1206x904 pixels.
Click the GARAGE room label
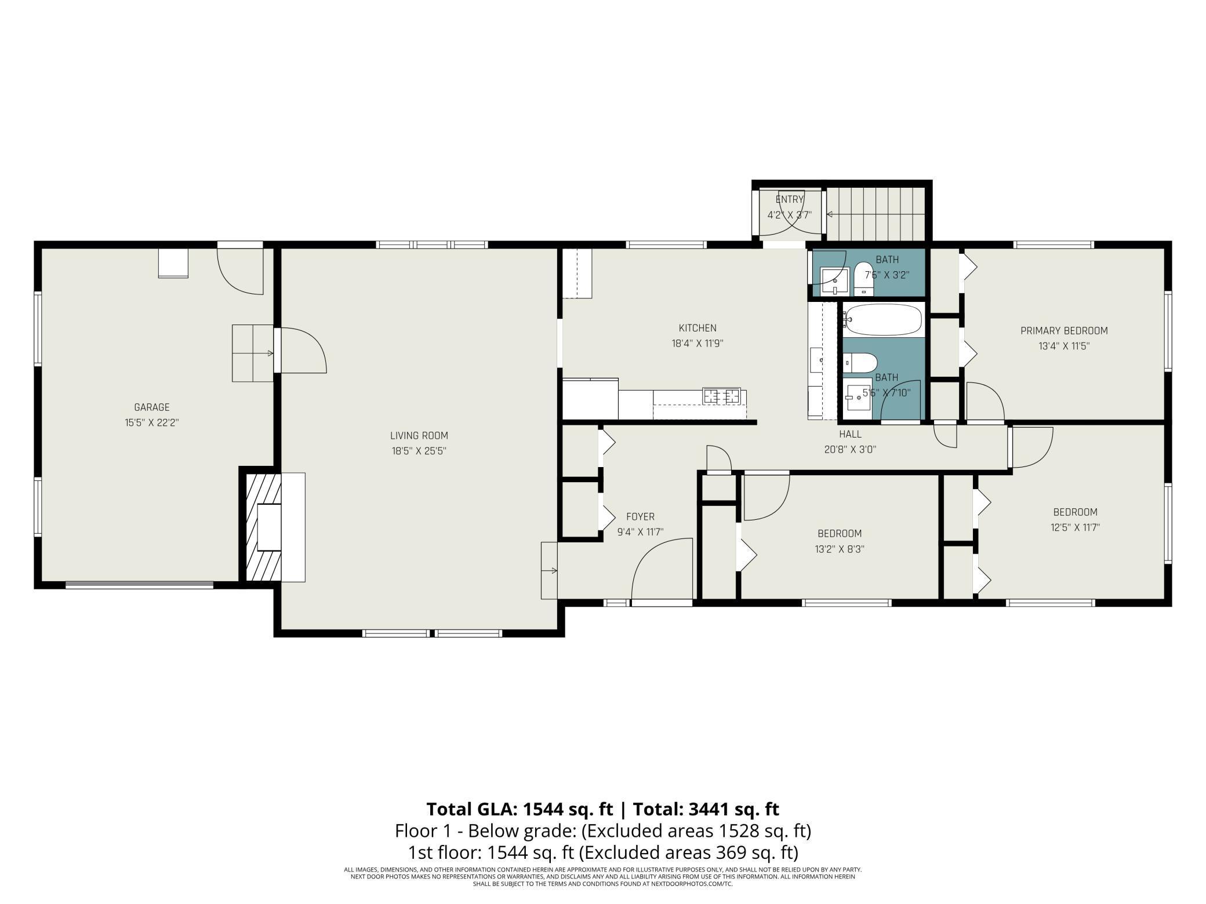(152, 407)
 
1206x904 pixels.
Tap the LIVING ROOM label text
(419, 436)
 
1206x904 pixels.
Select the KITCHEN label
(698, 328)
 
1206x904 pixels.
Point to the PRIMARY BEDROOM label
(1064, 331)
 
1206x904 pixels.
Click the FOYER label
(640, 517)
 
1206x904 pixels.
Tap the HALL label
(850, 434)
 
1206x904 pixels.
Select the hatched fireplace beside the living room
(264, 527)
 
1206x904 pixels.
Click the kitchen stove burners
(722, 396)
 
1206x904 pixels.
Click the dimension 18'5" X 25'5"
(419, 451)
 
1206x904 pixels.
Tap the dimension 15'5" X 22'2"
(152, 422)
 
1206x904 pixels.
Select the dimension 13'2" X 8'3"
(840, 549)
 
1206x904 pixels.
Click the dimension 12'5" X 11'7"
(1075, 527)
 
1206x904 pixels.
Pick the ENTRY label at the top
(789, 199)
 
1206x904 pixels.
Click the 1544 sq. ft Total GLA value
(568, 808)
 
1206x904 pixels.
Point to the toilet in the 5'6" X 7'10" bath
(860, 363)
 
